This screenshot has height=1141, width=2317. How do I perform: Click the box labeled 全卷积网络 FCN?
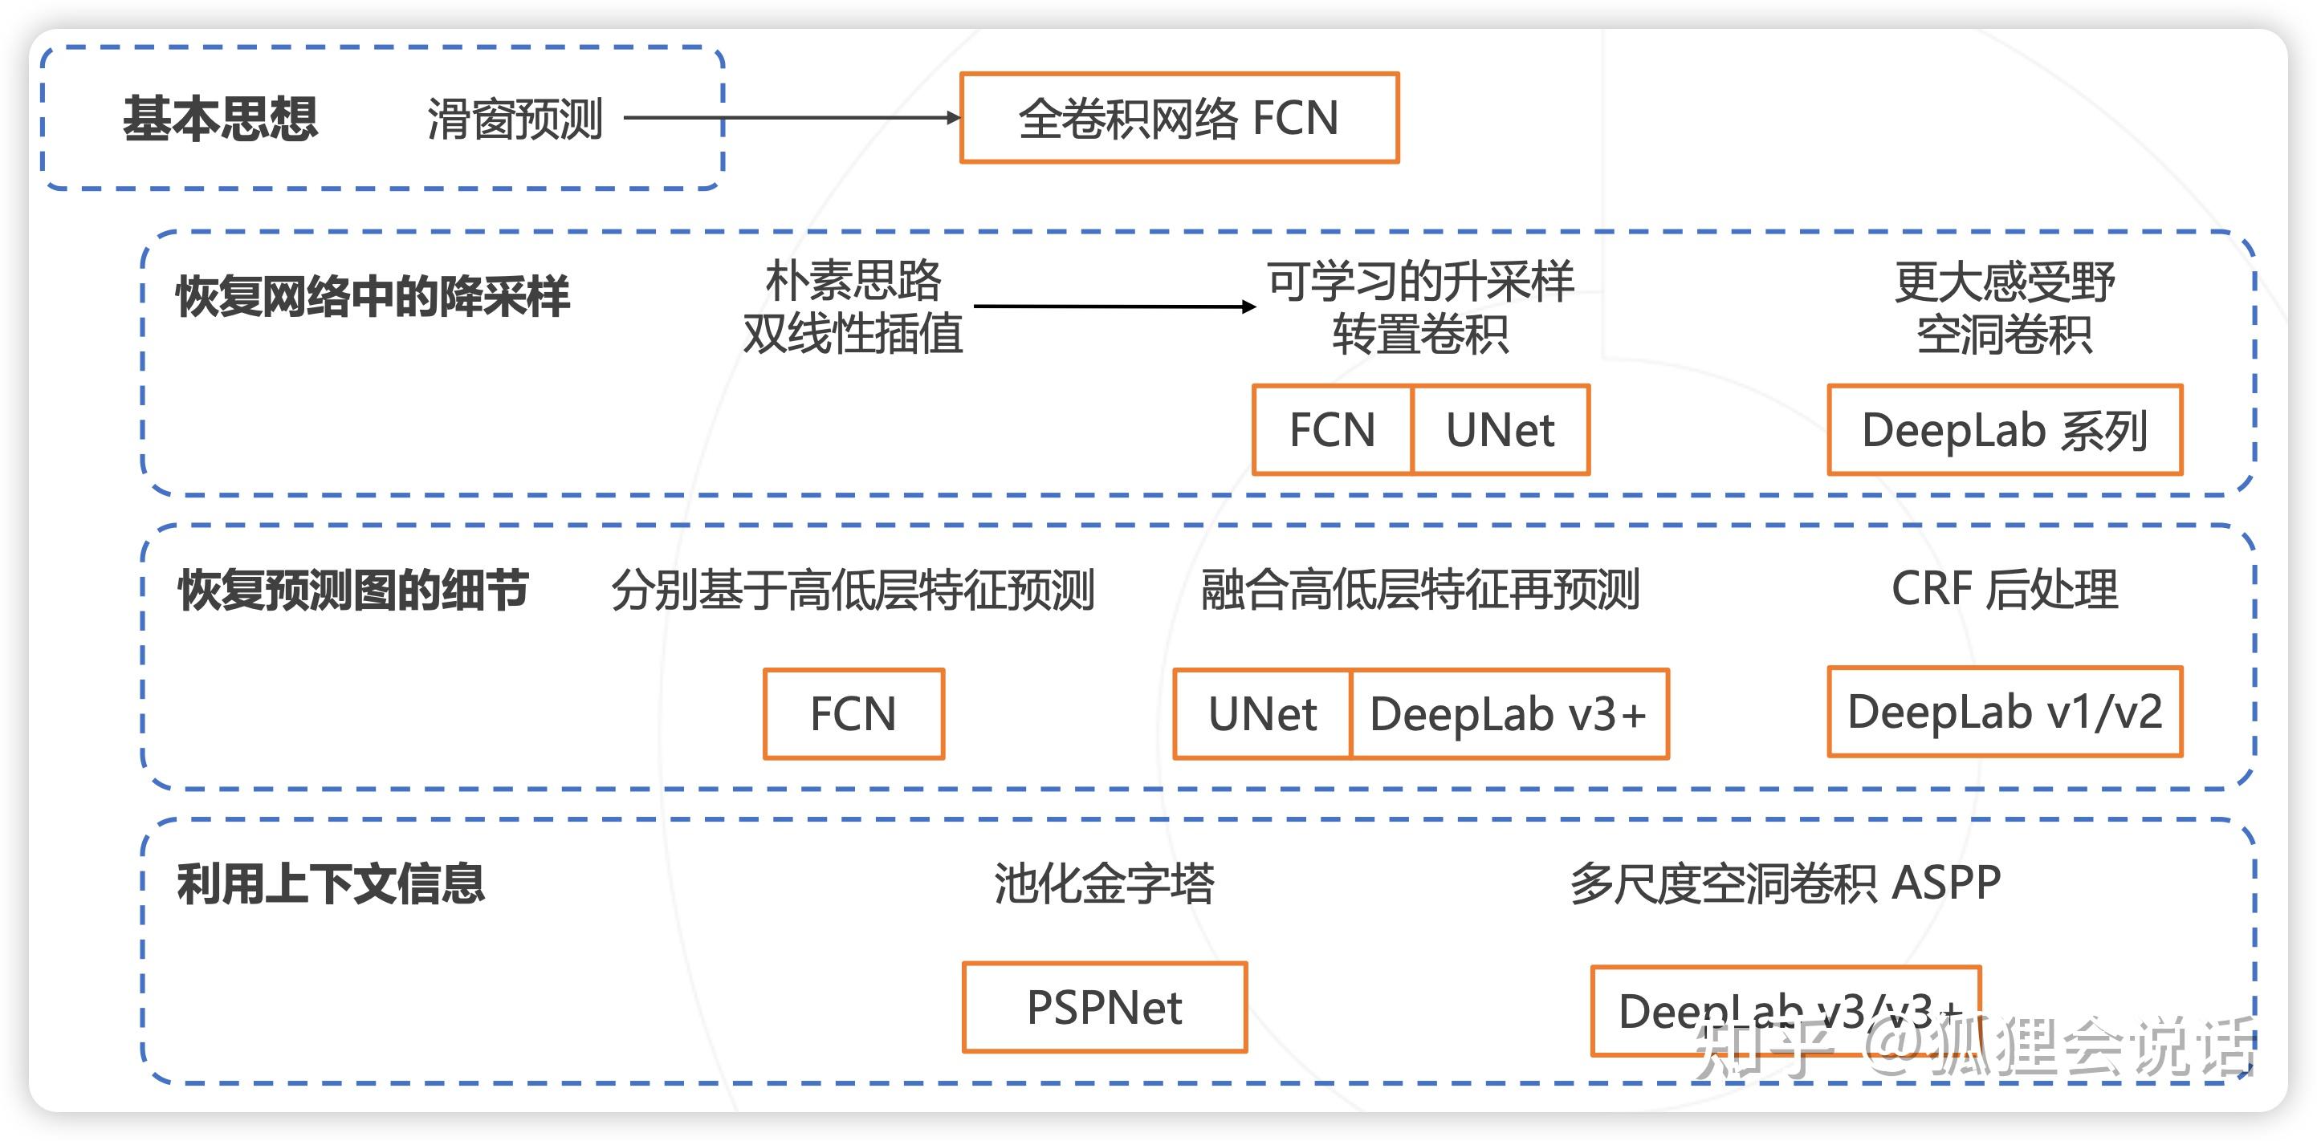[1179, 118]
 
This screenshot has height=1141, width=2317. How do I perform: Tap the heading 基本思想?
[220, 119]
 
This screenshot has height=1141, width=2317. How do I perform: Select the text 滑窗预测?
[515, 119]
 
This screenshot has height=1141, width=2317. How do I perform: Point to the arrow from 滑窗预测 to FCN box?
[792, 117]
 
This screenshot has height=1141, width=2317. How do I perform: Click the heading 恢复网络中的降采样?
[373, 296]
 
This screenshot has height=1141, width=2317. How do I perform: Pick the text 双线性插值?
[852, 334]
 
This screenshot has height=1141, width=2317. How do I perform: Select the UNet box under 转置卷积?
[1500, 430]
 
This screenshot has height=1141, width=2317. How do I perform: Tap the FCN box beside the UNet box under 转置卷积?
[1332, 430]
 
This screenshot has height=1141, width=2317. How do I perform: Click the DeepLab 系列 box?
[2005, 430]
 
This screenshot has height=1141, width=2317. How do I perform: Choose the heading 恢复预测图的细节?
[353, 590]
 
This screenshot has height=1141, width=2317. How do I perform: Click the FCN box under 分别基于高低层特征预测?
[853, 714]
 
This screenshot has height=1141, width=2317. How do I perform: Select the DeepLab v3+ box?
[1509, 714]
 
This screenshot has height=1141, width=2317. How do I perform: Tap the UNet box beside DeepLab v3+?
[1262, 714]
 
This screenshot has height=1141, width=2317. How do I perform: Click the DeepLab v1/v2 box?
[2005, 712]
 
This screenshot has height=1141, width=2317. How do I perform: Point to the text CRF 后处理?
[2004, 590]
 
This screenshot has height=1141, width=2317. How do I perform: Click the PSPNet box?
[1104, 1007]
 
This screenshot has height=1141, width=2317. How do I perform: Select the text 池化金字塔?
[1104, 883]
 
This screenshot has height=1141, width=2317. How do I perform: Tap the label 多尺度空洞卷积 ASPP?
[1785, 883]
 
